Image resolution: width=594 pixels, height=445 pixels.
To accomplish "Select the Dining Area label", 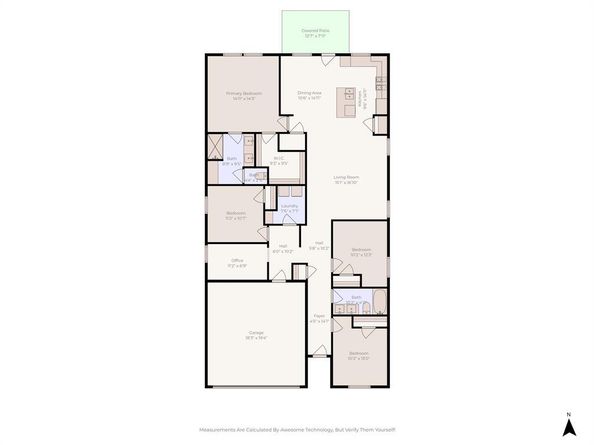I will (308, 92).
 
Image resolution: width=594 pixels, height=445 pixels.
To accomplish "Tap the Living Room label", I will (346, 178).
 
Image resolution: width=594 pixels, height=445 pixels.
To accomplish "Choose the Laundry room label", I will (289, 206).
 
